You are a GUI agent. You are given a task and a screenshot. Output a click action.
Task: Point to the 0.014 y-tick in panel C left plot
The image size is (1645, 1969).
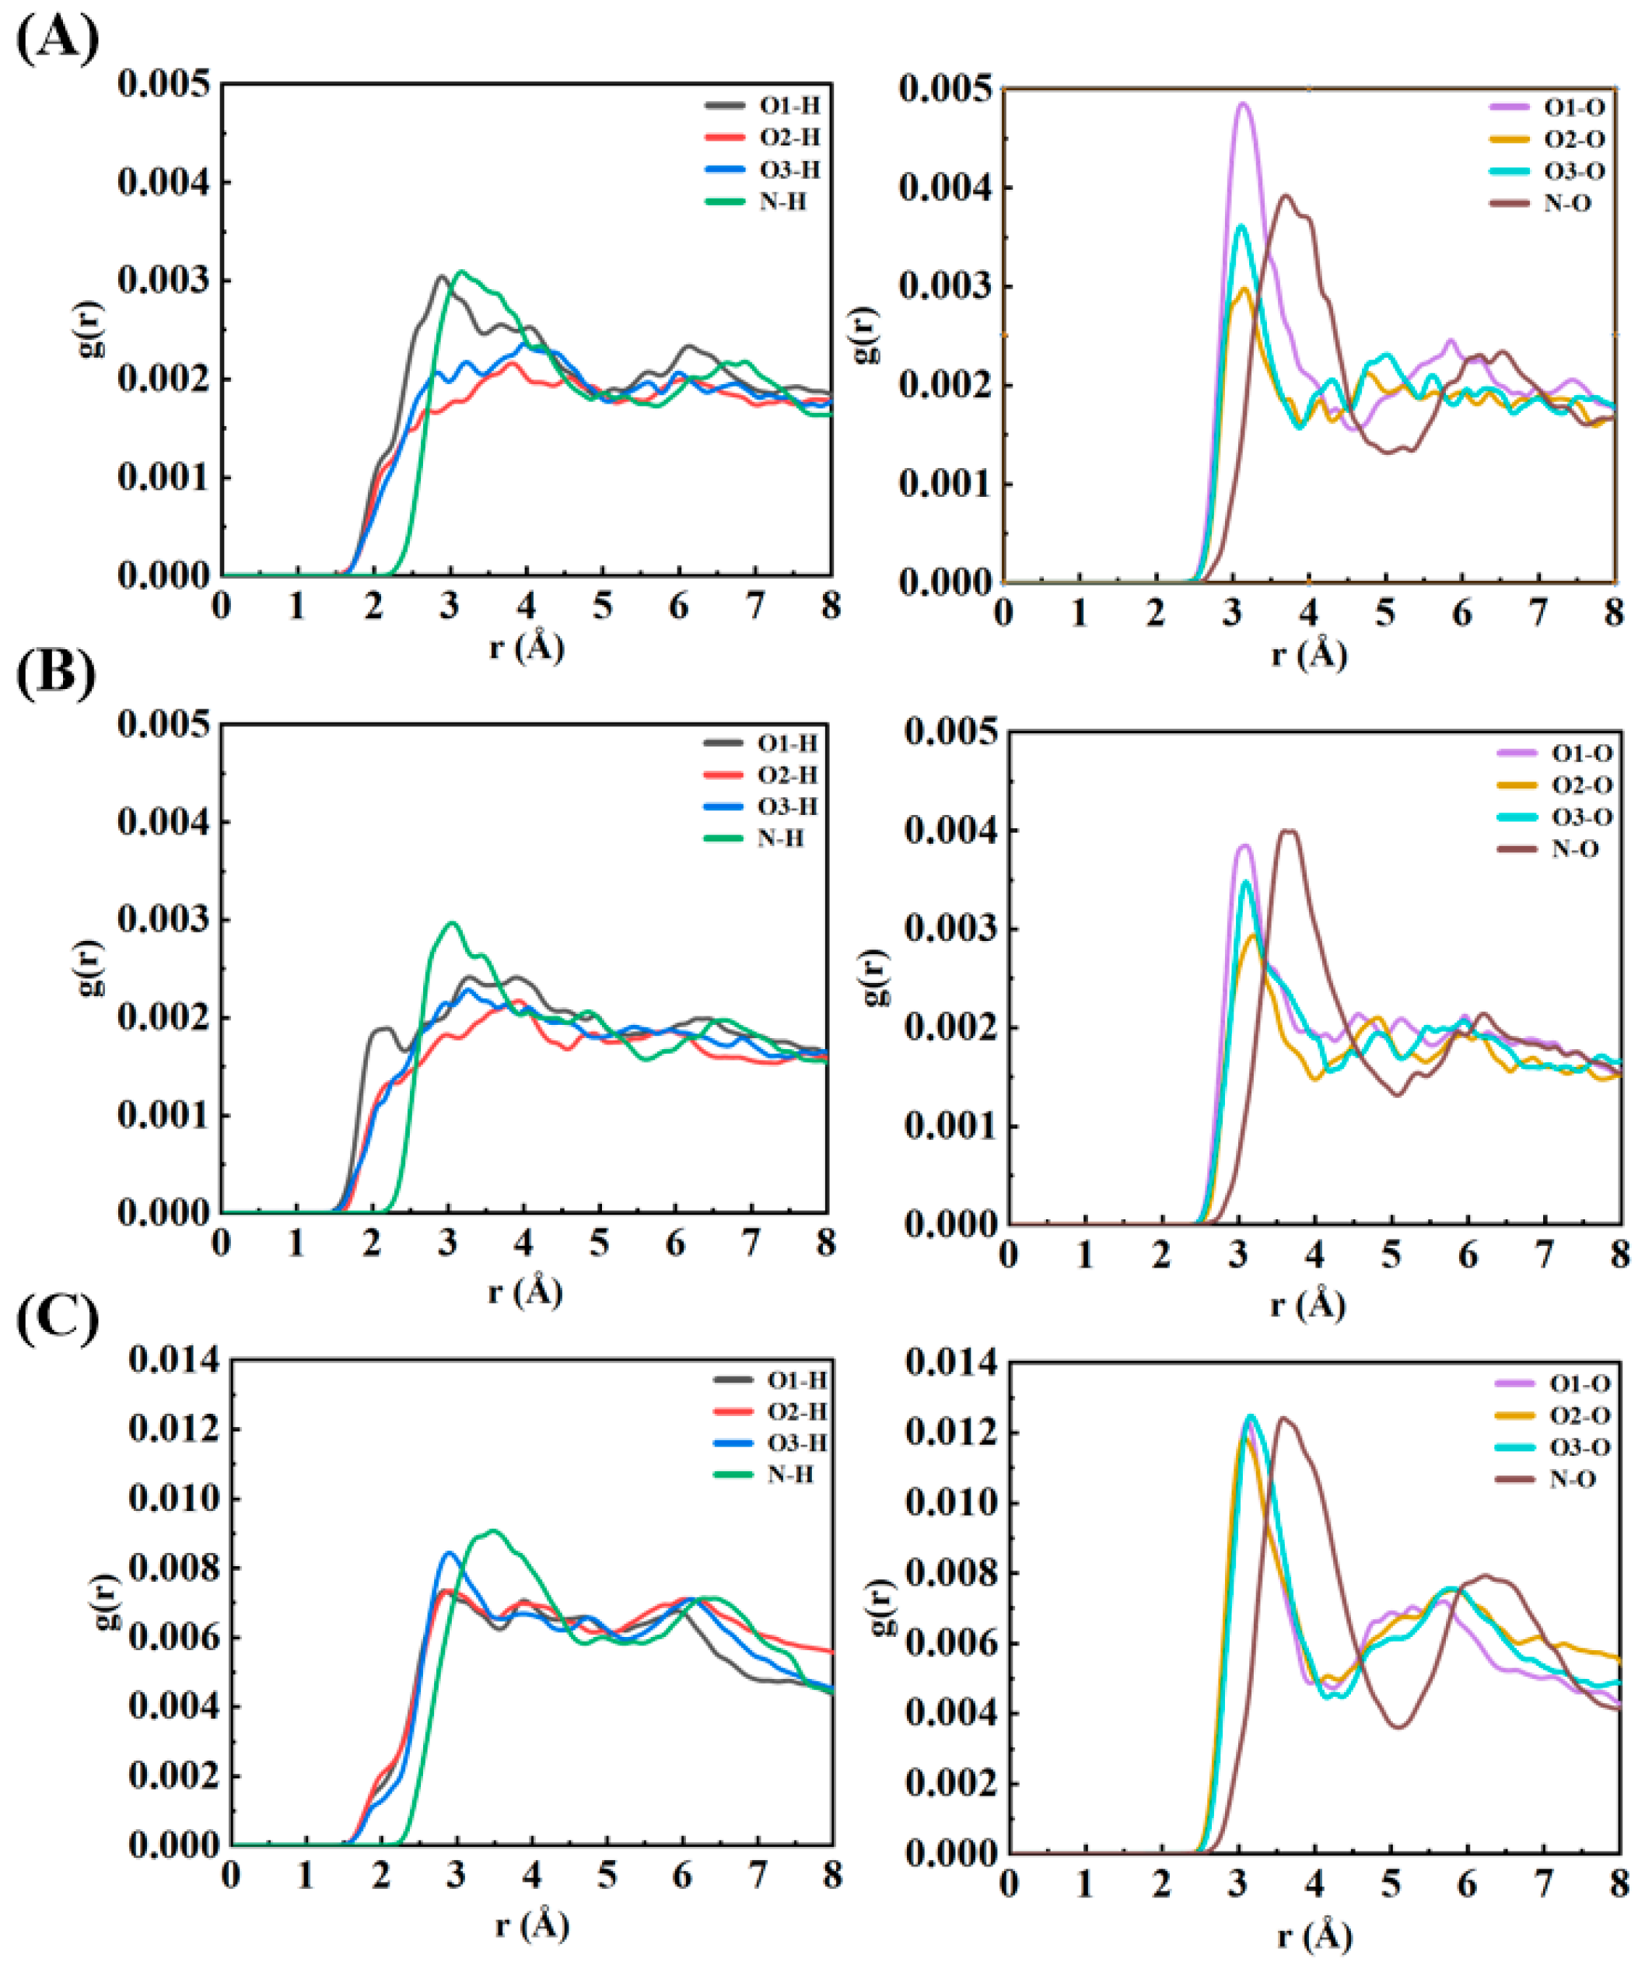coord(174,1360)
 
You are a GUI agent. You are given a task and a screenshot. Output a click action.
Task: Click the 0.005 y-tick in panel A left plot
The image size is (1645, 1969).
coord(163,85)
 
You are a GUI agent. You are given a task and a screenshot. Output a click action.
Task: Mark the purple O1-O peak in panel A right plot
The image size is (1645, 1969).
coord(1244,104)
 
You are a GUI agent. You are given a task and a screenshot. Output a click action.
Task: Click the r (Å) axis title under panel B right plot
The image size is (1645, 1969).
coord(1308,1304)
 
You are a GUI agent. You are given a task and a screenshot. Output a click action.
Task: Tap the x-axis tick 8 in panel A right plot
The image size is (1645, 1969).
coord(1613,614)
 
